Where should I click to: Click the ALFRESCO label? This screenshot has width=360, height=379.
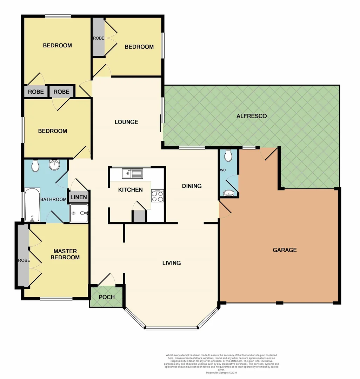tap(252, 116)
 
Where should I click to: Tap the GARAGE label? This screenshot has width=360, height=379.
tap(285, 250)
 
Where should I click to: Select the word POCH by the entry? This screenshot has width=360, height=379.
tap(107, 297)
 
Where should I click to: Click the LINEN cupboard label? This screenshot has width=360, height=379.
tap(79, 197)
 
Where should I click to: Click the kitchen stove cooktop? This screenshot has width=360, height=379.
tap(158, 196)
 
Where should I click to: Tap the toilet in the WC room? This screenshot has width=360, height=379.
tap(228, 155)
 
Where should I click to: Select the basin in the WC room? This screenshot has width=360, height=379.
tap(228, 193)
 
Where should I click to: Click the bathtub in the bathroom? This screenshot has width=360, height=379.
tap(32, 205)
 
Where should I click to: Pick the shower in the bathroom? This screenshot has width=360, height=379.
tap(79, 213)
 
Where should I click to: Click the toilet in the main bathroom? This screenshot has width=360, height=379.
tap(35, 166)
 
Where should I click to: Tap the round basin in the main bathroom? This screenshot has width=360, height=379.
tap(54, 165)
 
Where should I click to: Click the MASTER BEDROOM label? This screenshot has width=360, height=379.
tap(65, 254)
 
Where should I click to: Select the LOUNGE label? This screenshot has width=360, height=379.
tap(126, 122)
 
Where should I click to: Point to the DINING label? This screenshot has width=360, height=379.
tap(192, 186)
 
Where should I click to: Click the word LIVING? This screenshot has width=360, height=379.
tap(171, 263)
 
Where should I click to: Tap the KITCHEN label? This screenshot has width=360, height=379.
tap(130, 190)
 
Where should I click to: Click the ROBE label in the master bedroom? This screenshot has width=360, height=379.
tap(24, 260)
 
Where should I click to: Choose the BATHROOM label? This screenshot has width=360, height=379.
tap(53, 199)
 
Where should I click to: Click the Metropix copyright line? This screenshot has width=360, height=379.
tap(221, 373)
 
